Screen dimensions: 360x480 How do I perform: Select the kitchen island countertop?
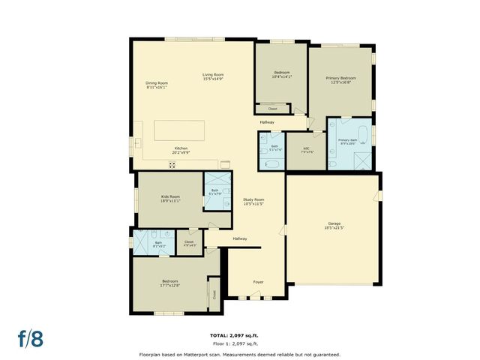pyautogui.click(x=180, y=130)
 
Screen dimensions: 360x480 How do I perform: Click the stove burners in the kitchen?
pyautogui.click(x=172, y=165)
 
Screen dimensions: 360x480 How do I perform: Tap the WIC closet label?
pyautogui.click(x=307, y=149)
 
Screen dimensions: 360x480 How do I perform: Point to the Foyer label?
pyautogui.click(x=258, y=282)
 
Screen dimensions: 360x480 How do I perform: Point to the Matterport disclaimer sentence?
pyautogui.click(x=239, y=354)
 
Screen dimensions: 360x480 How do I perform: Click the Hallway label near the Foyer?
pyautogui.click(x=239, y=238)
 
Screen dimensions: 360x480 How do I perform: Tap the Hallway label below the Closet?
pyautogui.click(x=267, y=122)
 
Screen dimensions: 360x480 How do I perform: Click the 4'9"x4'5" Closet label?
pyautogui.click(x=189, y=244)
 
